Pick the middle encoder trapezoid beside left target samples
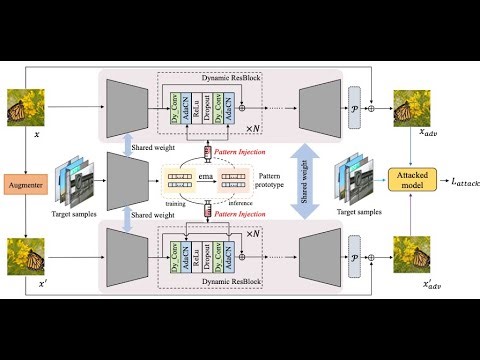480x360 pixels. [121, 180]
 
